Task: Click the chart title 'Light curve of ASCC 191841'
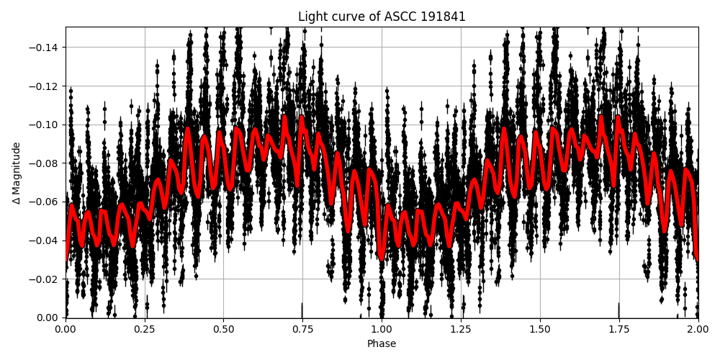coord(382,17)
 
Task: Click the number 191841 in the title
coord(443,17)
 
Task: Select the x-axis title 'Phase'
coord(382,344)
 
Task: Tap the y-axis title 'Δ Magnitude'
coord(17,173)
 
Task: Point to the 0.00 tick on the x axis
coord(66,329)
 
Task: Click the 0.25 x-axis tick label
coord(145,329)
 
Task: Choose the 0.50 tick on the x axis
coord(224,329)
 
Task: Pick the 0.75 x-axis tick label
coord(302,329)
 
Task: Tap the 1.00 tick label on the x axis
coord(382,329)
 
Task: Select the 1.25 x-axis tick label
coord(461,329)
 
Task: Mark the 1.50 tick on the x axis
coord(540,329)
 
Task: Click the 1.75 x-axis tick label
coord(618,329)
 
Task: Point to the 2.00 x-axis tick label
coord(698,329)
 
